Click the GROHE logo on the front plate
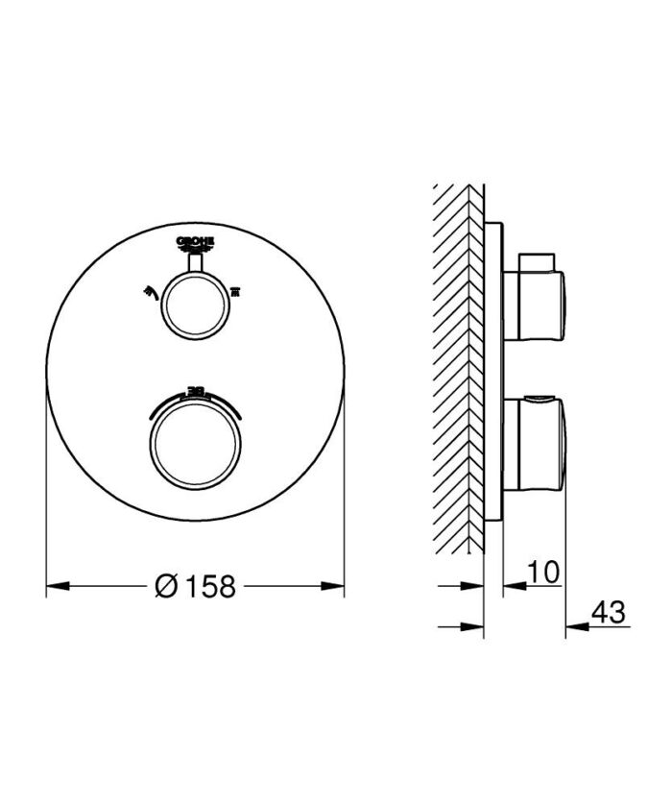click(x=196, y=242)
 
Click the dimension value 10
click(x=542, y=573)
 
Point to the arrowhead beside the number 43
click(x=574, y=626)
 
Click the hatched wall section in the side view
click(x=459, y=365)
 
